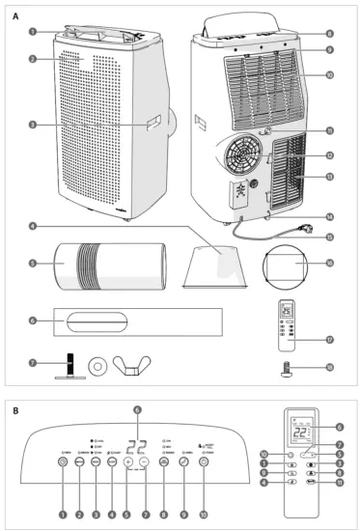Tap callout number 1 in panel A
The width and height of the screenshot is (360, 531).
pos(33,32)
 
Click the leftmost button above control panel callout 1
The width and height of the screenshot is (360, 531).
pos(63,462)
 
